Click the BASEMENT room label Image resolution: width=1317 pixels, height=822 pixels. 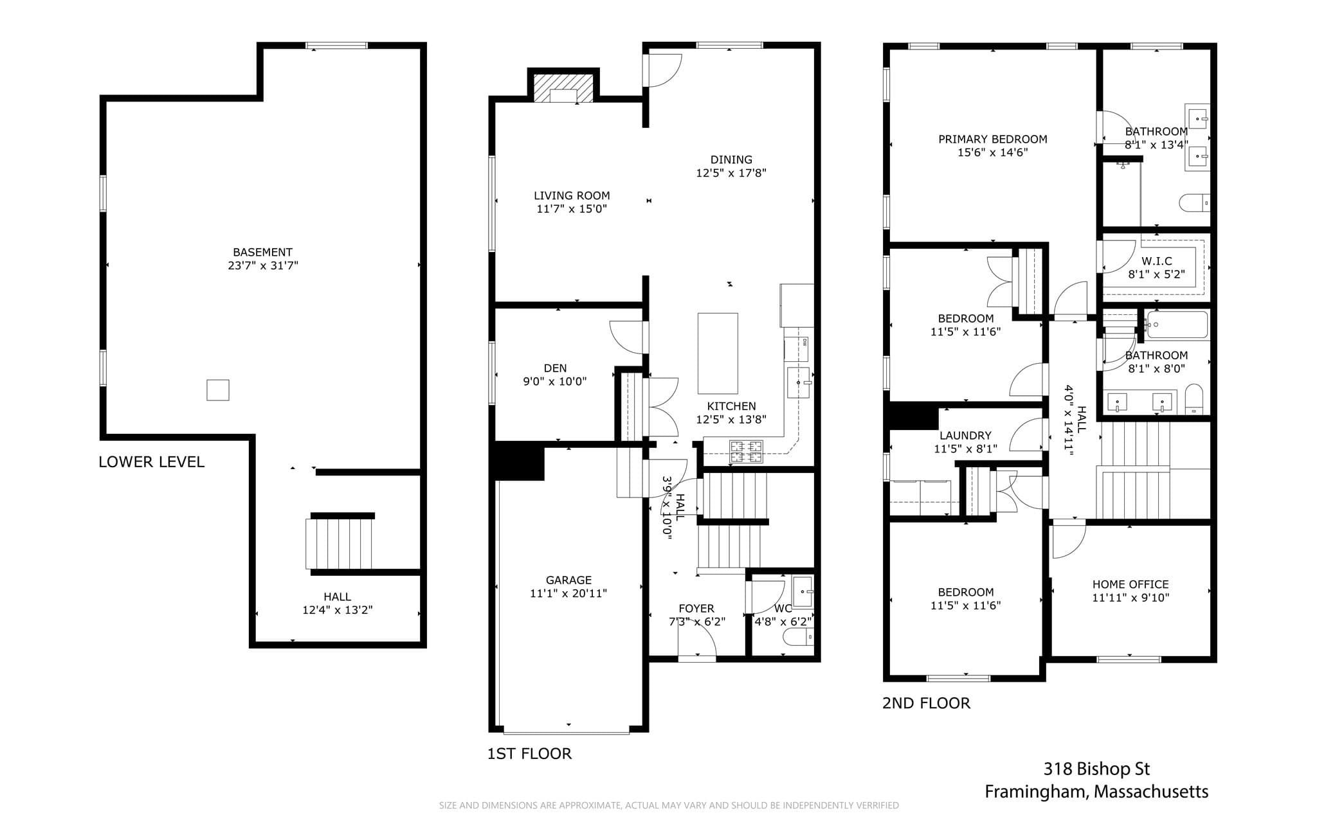pyautogui.click(x=262, y=253)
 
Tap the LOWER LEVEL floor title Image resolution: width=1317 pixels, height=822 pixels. pyautogui.click(x=152, y=462)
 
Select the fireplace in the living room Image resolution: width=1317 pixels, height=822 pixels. pyautogui.click(x=564, y=89)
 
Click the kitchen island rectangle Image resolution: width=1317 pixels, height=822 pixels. pyautogui.click(x=718, y=353)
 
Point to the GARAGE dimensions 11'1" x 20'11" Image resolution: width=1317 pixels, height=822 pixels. pyautogui.click(x=568, y=594)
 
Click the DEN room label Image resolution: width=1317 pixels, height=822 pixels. pyautogui.click(x=556, y=368)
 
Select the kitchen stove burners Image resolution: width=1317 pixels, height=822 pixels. pyautogui.click(x=746, y=452)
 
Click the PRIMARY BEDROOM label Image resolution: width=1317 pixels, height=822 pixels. pyautogui.click(x=993, y=139)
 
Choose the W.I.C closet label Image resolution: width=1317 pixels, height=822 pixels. pyautogui.click(x=1157, y=262)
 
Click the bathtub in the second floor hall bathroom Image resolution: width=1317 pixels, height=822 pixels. pyautogui.click(x=1177, y=325)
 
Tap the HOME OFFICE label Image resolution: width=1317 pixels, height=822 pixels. pyautogui.click(x=1131, y=585)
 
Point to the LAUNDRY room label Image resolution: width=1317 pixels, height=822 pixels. pyautogui.click(x=965, y=436)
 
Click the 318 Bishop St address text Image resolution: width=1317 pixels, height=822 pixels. pyautogui.click(x=1096, y=769)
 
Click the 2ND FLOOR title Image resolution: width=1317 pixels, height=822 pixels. pyautogui.click(x=926, y=703)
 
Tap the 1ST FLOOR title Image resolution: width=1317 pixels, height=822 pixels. pyautogui.click(x=529, y=754)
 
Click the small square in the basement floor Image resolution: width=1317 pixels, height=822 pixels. pyautogui.click(x=218, y=390)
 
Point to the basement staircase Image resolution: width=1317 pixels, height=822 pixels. pyautogui.click(x=339, y=544)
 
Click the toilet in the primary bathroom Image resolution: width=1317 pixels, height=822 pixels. pyautogui.click(x=1195, y=203)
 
